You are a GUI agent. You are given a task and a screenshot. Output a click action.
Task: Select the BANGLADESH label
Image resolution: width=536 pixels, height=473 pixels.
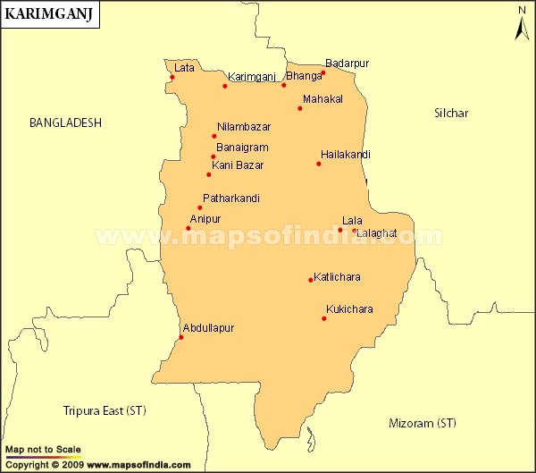tap(65, 122)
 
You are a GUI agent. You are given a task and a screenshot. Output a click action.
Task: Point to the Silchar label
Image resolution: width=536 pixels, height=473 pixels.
tap(451, 113)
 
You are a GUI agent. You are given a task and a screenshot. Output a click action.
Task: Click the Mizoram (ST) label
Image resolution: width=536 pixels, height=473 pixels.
tap(423, 422)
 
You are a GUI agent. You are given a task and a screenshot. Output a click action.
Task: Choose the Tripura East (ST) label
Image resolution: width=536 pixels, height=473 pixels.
tap(105, 410)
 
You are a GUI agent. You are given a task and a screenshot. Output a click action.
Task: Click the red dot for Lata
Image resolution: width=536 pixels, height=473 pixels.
tap(172, 77)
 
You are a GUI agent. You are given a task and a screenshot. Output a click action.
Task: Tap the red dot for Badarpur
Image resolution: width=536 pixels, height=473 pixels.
tap(323, 72)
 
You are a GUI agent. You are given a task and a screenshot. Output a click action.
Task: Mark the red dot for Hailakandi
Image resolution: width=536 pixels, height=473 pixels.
tap(319, 164)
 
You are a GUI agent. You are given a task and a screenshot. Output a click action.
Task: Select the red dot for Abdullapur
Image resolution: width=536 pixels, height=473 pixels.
tap(181, 337)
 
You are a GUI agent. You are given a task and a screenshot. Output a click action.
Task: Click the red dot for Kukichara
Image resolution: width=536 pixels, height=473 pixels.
tap(324, 318)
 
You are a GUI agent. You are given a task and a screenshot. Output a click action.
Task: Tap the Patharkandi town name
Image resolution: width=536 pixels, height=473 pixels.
tap(231, 198)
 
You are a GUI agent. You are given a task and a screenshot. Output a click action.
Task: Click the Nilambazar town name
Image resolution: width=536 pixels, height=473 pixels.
tap(244, 127)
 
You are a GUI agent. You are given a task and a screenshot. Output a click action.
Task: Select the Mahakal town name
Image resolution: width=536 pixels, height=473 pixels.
tap(323, 98)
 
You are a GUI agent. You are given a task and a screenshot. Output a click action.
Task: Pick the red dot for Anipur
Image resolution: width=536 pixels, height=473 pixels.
tap(188, 228)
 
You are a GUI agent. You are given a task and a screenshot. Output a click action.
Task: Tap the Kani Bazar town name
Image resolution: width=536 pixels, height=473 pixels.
tap(238, 165)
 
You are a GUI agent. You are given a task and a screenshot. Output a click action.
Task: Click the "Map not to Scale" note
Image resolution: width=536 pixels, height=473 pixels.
tap(43, 449)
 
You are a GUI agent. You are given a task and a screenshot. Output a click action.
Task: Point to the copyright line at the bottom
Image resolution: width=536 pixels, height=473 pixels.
tap(97, 465)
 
